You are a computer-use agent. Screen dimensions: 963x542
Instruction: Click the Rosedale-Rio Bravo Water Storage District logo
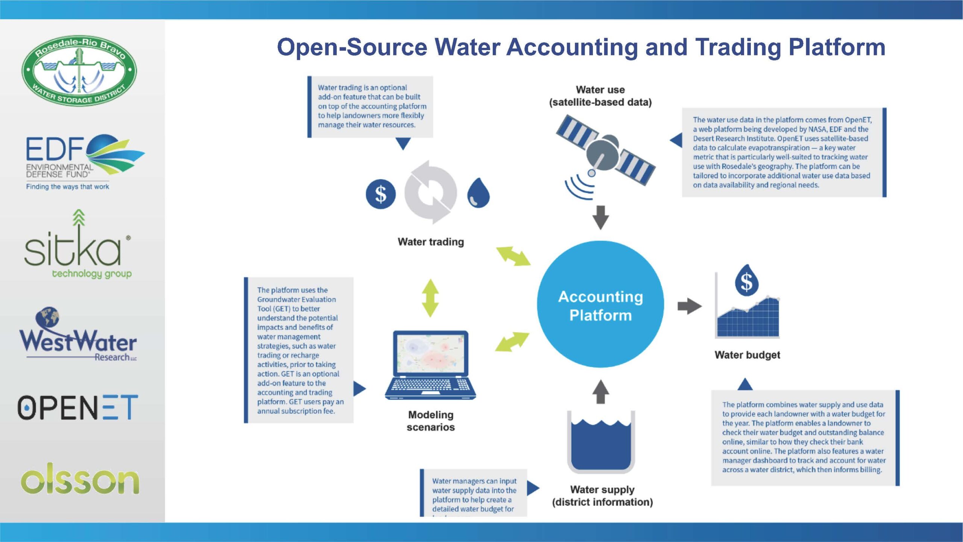pos(79,71)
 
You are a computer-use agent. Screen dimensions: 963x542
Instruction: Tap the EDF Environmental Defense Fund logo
pos(85,162)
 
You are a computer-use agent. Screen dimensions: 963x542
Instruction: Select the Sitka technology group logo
pos(78,244)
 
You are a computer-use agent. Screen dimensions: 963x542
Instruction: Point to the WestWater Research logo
pos(78,334)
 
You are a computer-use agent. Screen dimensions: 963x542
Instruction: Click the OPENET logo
pos(78,407)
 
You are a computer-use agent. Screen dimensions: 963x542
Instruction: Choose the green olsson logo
pos(80,478)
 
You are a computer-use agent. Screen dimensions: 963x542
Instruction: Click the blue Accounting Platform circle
pos(600,304)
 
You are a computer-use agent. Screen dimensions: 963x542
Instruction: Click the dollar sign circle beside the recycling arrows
pos(381,194)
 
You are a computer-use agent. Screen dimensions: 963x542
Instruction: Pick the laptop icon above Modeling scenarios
pos(431,365)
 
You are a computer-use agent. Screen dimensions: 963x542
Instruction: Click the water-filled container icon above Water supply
pos(601,443)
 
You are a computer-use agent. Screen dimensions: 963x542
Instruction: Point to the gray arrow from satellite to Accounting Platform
pos(601,218)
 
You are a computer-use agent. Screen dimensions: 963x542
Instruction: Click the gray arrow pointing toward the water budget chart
pos(690,306)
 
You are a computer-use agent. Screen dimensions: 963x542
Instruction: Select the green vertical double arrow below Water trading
pos(431,298)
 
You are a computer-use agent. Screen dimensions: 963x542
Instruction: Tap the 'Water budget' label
pos(747,355)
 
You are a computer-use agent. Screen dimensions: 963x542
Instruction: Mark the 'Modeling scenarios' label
pos(431,421)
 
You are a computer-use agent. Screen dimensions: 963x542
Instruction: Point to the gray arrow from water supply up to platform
pos(601,392)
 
